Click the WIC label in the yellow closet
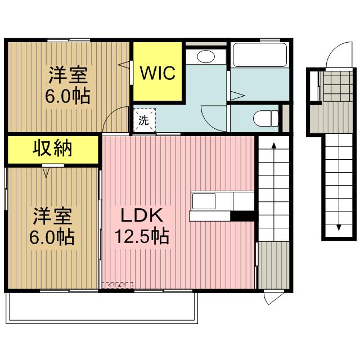pos(158,73)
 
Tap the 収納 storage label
pos(54,148)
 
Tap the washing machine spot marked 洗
pos(143,119)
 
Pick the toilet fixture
pos(265,119)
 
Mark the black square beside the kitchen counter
pos(244,215)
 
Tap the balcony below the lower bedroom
pos(101,308)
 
